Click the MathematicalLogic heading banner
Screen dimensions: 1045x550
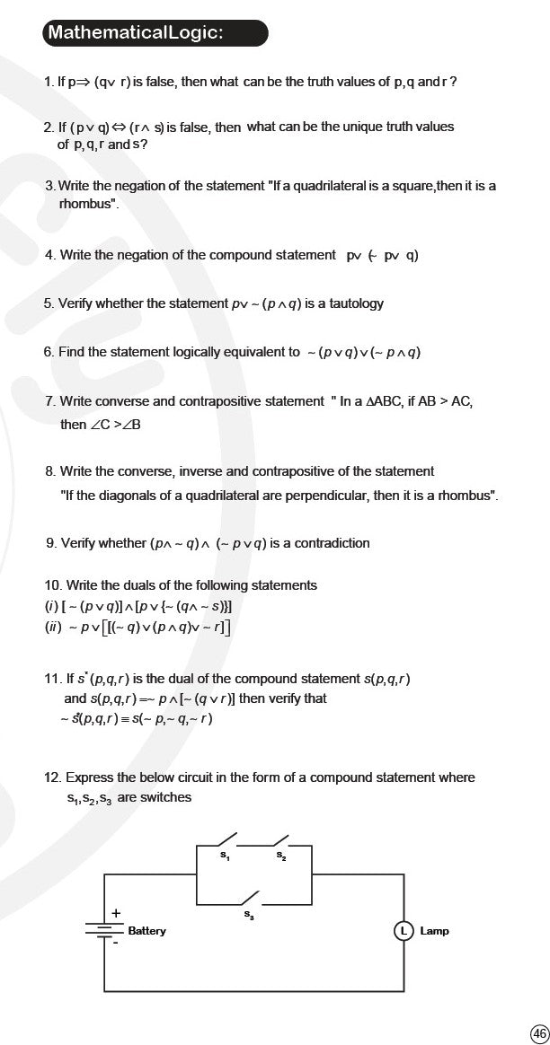coord(155,33)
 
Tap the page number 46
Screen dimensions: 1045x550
coord(539,1033)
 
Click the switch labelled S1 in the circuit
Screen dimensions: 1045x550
coord(226,842)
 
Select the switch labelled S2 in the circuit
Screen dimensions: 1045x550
coord(280,842)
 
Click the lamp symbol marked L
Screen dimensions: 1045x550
coord(404,931)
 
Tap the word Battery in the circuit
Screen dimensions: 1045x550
coord(146,931)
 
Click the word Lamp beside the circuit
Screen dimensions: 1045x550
coord(434,931)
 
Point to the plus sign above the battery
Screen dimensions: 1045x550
coord(115,913)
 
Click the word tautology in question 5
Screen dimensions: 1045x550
coord(353,303)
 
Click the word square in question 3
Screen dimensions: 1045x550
coord(412,186)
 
